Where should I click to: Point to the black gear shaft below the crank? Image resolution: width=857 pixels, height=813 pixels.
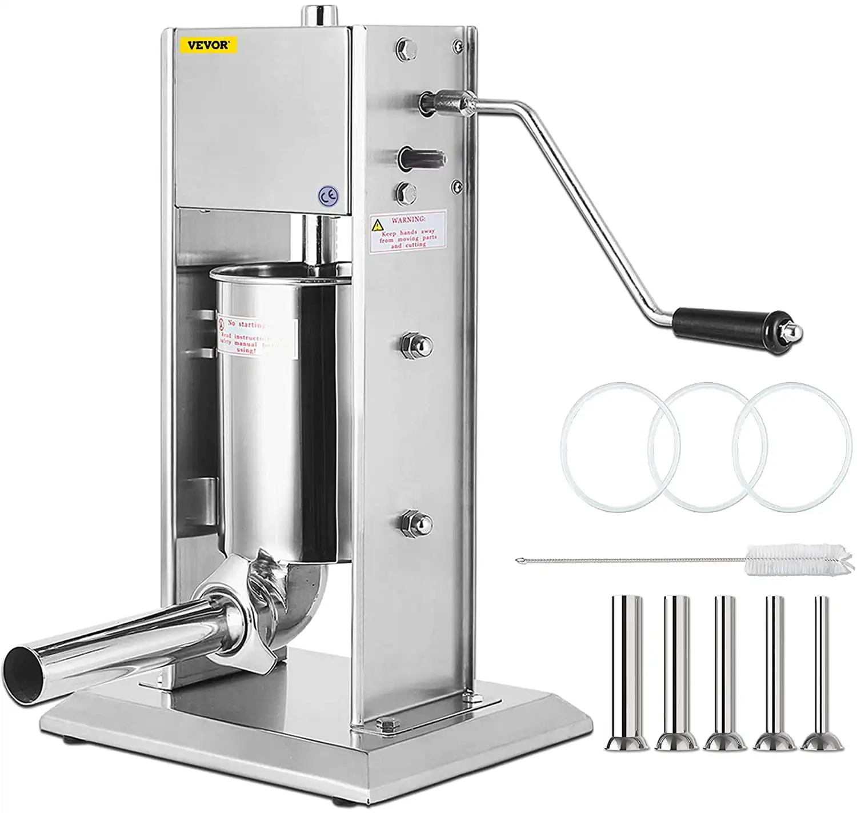pos(422,157)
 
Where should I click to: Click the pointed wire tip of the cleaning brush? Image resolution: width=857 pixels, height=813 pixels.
pos(518,560)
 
